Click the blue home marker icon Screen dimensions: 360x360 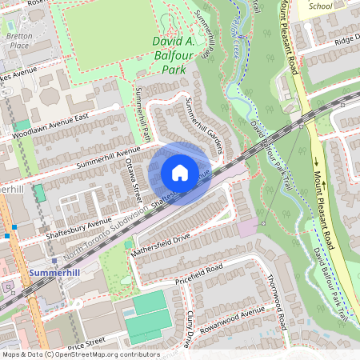click(x=180, y=173)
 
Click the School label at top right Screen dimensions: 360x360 click(x=320, y=5)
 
